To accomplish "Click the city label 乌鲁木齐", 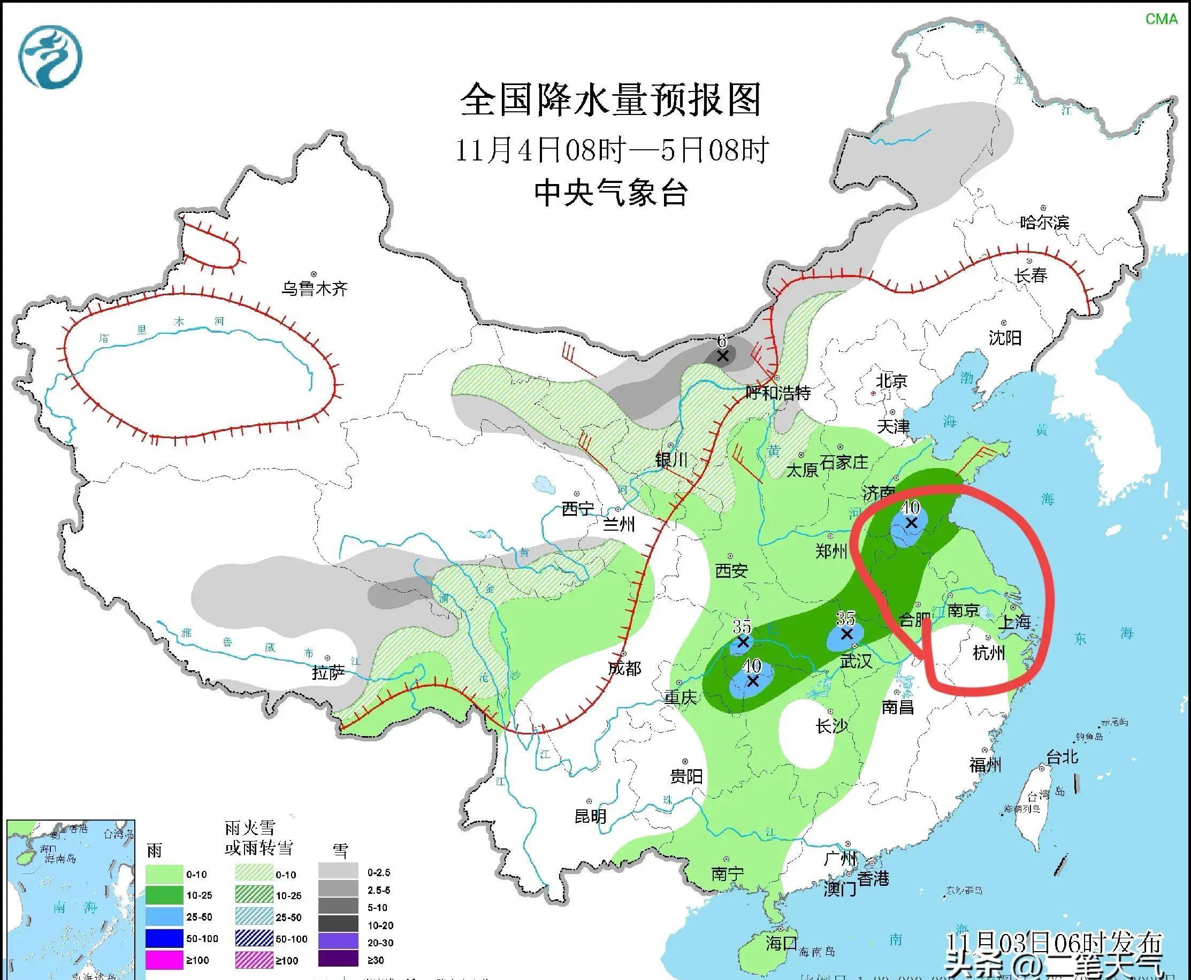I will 315,289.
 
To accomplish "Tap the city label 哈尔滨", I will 1044,223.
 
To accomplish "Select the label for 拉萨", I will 329,673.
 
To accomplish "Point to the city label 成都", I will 624,668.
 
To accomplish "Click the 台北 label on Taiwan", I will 1062,756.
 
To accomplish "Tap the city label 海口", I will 782,943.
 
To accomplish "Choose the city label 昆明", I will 590,816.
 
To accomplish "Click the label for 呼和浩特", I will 778,392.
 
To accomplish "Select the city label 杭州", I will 989,653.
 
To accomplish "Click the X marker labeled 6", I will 722,356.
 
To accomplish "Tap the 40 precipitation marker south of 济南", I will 911,523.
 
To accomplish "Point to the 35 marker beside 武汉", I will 846,634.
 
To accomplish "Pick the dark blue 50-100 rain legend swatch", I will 164,938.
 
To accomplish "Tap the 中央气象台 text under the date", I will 611,193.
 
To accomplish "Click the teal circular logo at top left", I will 50,57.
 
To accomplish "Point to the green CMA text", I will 1161,19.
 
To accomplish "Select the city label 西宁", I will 578,509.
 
